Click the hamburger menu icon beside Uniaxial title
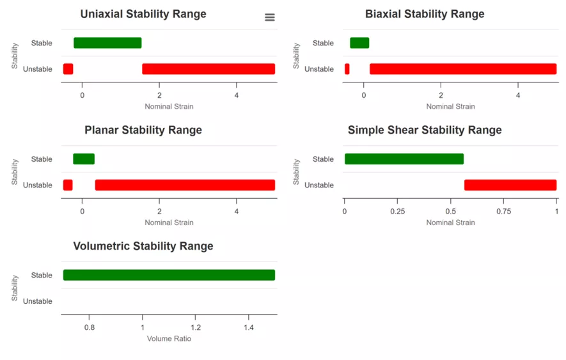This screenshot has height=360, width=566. (270, 17)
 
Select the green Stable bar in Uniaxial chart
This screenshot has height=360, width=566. (107, 43)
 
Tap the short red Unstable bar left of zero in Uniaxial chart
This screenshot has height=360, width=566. (68, 69)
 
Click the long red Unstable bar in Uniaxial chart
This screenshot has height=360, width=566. (208, 69)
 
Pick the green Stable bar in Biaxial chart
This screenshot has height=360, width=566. (359, 43)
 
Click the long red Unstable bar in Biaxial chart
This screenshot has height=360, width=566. (463, 69)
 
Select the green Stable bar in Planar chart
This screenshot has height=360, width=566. (84, 159)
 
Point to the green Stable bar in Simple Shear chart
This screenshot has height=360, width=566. (404, 159)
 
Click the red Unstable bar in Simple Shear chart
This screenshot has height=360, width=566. (510, 185)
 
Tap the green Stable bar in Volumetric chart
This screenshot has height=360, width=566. (169, 275)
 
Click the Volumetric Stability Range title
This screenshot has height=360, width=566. (143, 246)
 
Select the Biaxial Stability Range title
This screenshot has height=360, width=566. (425, 14)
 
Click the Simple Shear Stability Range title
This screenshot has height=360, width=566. (425, 130)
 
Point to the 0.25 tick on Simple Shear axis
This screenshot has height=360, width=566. (397, 211)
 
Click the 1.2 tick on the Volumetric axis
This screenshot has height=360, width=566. (196, 327)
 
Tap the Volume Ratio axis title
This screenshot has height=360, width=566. (169, 338)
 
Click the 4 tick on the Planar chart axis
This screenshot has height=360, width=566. (237, 211)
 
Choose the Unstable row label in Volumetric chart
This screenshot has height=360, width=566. (38, 301)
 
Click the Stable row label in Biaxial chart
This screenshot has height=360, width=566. (323, 43)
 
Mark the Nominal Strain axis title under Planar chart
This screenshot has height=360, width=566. (169, 223)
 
